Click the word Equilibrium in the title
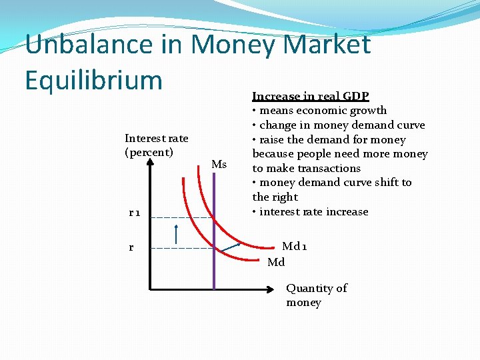click(93, 80)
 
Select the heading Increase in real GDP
click(311, 96)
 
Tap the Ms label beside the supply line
click(219, 164)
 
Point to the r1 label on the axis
click(134, 213)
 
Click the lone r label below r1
click(131, 247)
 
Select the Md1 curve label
click(295, 247)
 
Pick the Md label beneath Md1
click(276, 262)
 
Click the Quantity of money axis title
click(316, 295)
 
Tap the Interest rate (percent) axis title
click(156, 145)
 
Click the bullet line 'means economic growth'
click(319, 111)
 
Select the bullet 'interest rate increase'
click(310, 212)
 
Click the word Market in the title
click(327, 45)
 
